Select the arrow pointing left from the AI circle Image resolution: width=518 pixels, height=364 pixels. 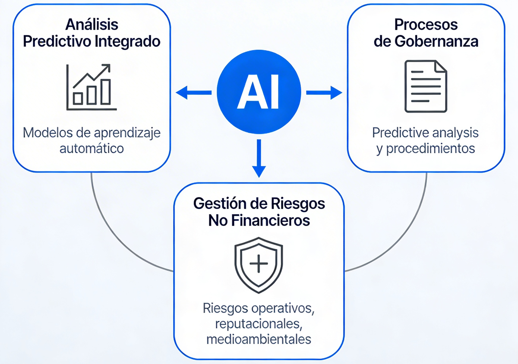click(x=193, y=92)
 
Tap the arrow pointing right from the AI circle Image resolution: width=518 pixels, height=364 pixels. click(x=324, y=92)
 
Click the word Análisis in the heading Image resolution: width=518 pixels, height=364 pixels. click(x=92, y=24)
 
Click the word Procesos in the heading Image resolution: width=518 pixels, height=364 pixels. click(x=426, y=24)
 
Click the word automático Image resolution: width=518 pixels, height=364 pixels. click(x=92, y=149)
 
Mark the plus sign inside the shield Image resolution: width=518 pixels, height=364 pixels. click(x=258, y=264)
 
